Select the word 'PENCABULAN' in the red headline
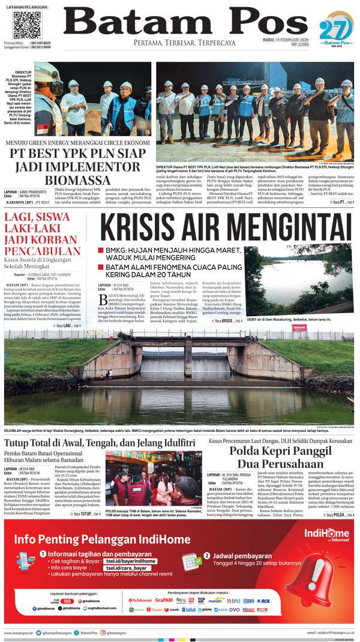[x=43, y=251]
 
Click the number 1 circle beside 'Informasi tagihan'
[x=43, y=556]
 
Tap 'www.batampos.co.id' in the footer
[x=19, y=632]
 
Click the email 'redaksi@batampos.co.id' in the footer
[x=331, y=632]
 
